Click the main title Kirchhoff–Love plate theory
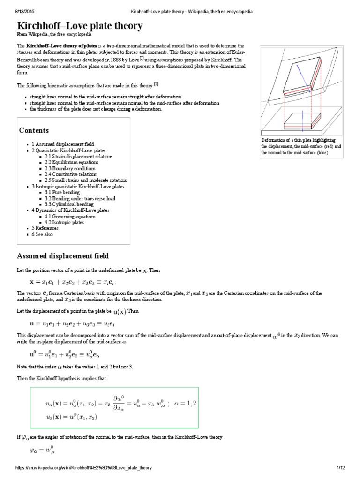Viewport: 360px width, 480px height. pyautogui.click(x=80, y=26)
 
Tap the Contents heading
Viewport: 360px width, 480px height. pyautogui.click(x=34, y=130)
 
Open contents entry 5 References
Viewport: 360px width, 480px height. pyautogui.click(x=45, y=229)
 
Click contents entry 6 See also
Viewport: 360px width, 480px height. pyautogui.click(x=43, y=234)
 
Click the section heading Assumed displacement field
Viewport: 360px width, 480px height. pyautogui.click(x=63, y=256)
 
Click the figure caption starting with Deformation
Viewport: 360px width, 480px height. pyautogui.click(x=302, y=146)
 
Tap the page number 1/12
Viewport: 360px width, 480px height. pyautogui.click(x=341, y=468)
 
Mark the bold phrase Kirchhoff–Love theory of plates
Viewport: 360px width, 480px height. pyautogui.click(x=59, y=45)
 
